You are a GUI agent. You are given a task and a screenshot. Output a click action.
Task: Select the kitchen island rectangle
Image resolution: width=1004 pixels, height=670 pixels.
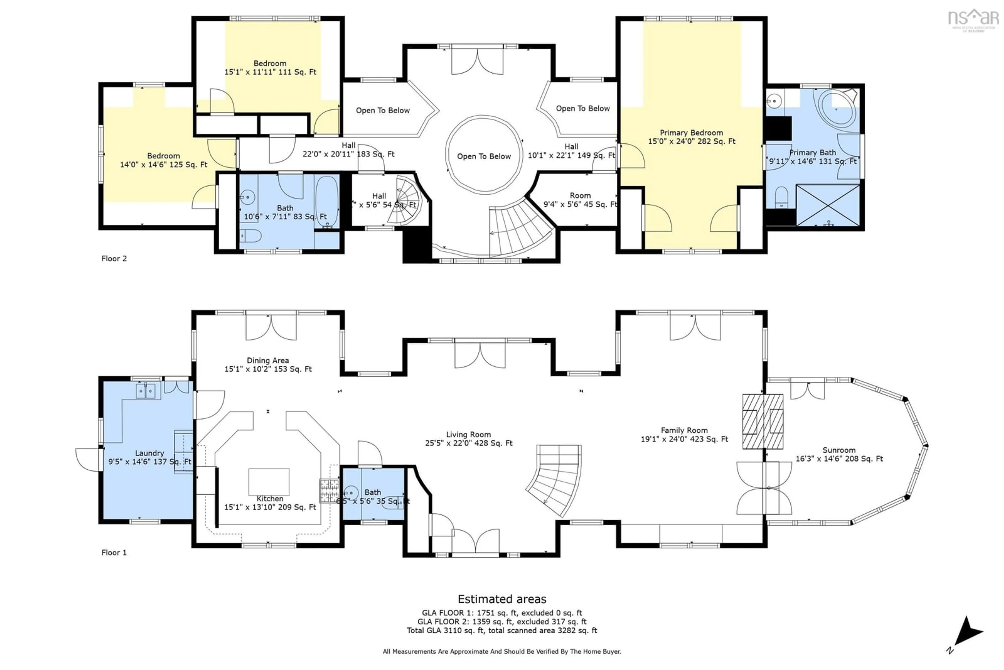pos(269,482)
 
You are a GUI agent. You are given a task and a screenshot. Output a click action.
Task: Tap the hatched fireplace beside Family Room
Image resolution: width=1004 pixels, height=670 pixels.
pos(762,421)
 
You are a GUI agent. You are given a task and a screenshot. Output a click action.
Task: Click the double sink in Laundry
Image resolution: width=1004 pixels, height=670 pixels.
pos(146,391)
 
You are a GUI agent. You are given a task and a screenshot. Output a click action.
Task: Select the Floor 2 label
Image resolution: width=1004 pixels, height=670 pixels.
pos(114,258)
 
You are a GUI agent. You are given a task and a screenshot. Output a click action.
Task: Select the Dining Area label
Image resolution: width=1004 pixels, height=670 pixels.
pos(268,360)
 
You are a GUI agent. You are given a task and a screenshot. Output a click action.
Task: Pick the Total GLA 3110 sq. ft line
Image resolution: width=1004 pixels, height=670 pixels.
pos(502,630)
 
